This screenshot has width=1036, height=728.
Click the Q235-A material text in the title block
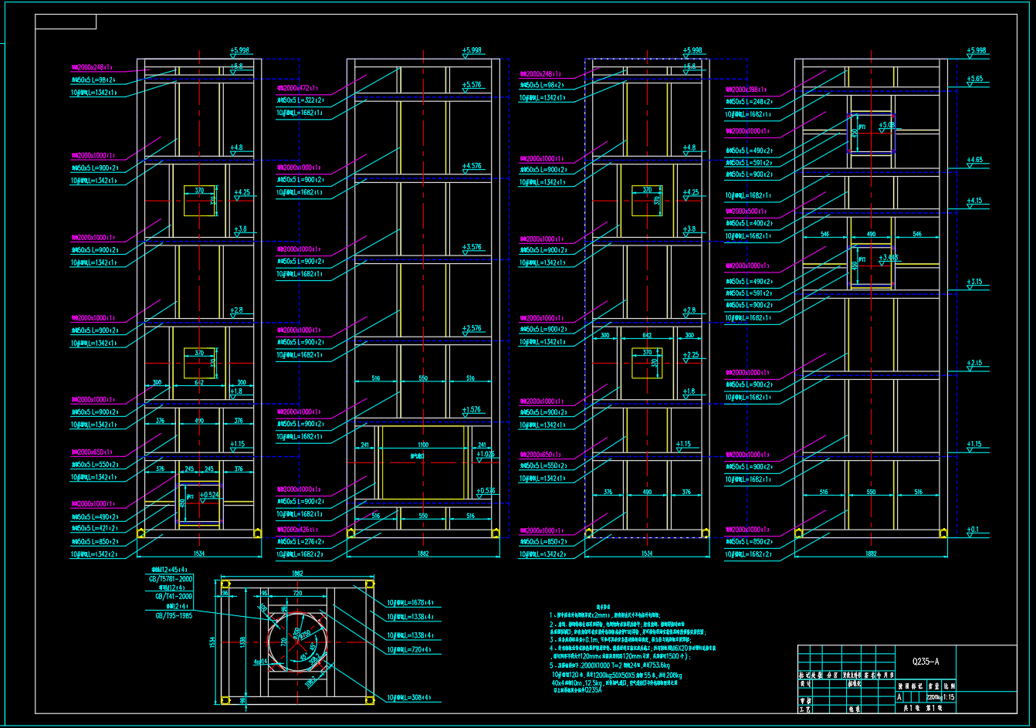(926, 662)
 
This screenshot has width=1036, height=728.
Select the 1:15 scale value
(948, 697)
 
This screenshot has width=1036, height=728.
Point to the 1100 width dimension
(423, 445)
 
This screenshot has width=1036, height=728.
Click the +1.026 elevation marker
(485, 454)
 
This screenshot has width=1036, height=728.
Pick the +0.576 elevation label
(486, 491)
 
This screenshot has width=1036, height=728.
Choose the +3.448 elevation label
(888, 258)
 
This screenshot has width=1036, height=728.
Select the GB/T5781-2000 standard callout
(171, 578)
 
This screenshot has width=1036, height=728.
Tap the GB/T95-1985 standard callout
(174, 615)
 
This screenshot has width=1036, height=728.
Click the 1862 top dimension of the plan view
(296, 574)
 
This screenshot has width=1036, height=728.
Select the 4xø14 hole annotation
(259, 662)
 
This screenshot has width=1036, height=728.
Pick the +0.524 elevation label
(208, 494)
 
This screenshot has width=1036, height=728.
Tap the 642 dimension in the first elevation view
(199, 382)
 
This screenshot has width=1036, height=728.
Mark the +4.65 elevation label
(975, 160)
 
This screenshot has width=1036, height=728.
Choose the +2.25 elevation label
(690, 355)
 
